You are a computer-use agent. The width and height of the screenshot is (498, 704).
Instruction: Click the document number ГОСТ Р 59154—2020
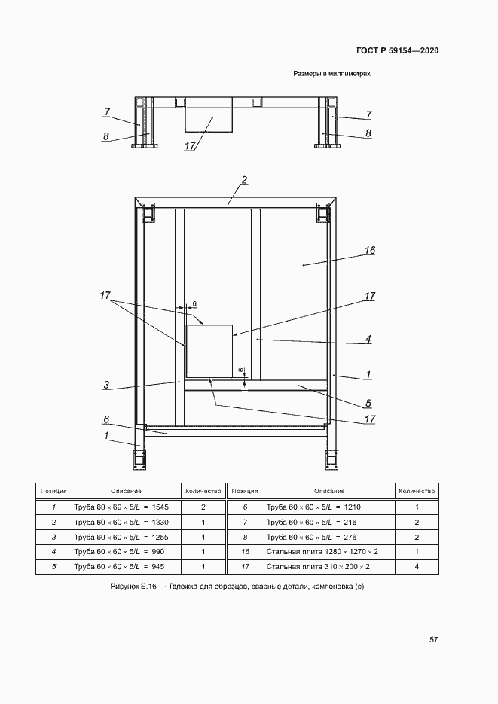click(396, 51)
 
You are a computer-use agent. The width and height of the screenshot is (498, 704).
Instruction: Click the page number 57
click(433, 640)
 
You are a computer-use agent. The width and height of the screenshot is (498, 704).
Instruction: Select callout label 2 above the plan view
click(244, 180)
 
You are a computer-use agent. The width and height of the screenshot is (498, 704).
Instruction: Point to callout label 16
click(369, 251)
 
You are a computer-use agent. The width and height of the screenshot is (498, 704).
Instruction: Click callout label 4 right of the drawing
click(368, 339)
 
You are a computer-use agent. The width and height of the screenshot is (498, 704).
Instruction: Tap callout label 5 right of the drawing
click(368, 402)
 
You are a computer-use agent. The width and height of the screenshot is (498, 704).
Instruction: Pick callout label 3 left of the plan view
click(106, 385)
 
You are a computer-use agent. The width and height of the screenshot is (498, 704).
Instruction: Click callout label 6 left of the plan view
click(106, 419)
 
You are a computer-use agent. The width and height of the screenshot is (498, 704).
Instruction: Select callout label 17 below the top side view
click(189, 146)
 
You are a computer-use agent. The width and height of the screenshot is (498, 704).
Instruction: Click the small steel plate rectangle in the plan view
click(209, 351)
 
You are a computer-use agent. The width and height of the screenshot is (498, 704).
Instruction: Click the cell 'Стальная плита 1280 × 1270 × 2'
click(322, 552)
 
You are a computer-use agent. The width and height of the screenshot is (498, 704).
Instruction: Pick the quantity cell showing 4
click(417, 567)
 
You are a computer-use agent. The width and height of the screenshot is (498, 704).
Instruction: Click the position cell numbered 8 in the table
click(246, 537)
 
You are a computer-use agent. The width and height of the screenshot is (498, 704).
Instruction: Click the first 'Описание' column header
click(124, 491)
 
